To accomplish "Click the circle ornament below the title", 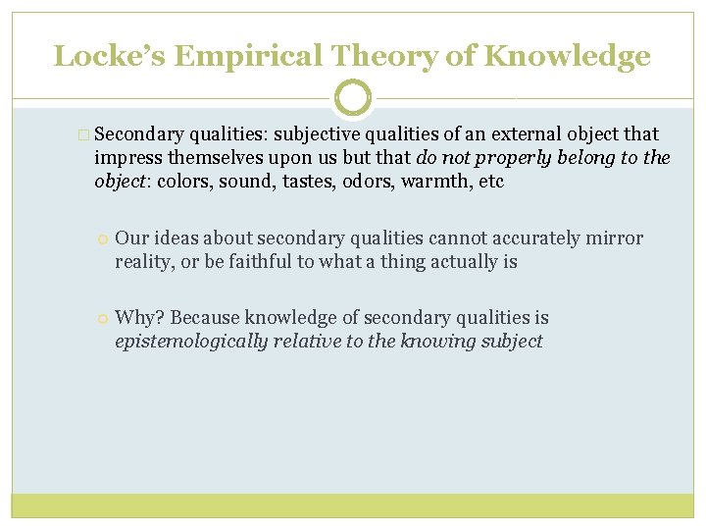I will [353, 98].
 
